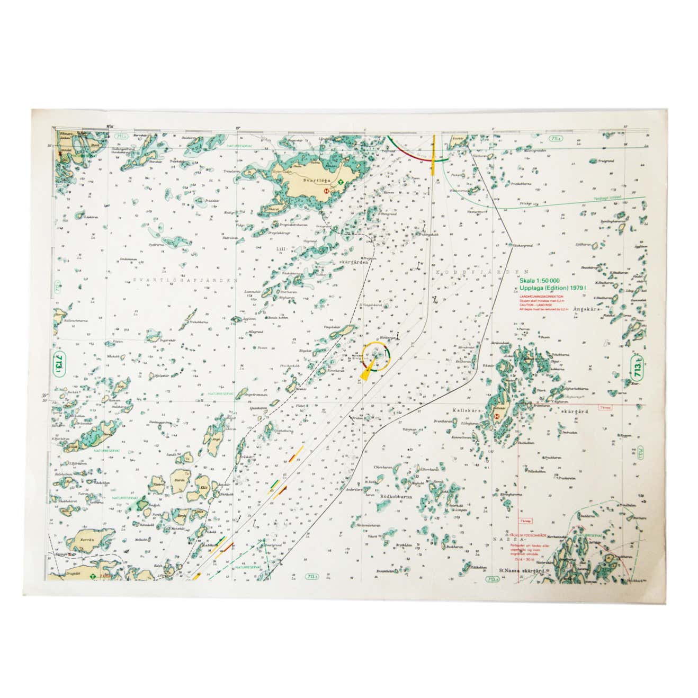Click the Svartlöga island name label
(x=311, y=180)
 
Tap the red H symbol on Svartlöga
(x=327, y=190)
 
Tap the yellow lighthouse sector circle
(x=377, y=356)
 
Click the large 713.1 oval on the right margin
(x=638, y=367)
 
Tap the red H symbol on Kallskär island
(x=497, y=416)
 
